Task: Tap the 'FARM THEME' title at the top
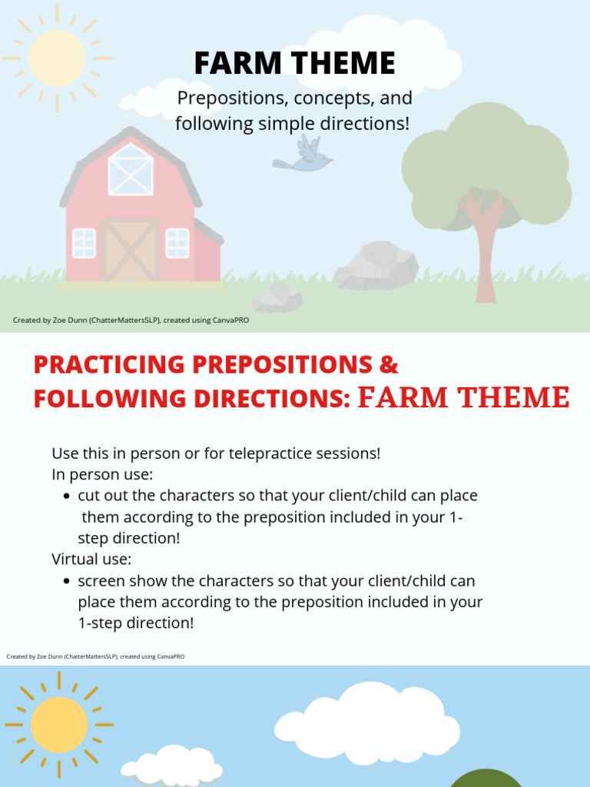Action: click(x=294, y=63)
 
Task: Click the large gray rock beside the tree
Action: click(x=376, y=266)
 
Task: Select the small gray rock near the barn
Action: click(x=277, y=297)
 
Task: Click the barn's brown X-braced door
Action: click(x=130, y=251)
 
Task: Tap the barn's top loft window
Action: click(x=130, y=170)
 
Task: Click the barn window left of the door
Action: click(x=84, y=243)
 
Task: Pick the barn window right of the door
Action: click(x=177, y=243)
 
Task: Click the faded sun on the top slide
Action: click(x=56, y=58)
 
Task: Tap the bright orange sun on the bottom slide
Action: click(x=58, y=724)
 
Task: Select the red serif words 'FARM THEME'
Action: click(x=464, y=397)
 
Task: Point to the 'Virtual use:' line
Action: click(x=91, y=559)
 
